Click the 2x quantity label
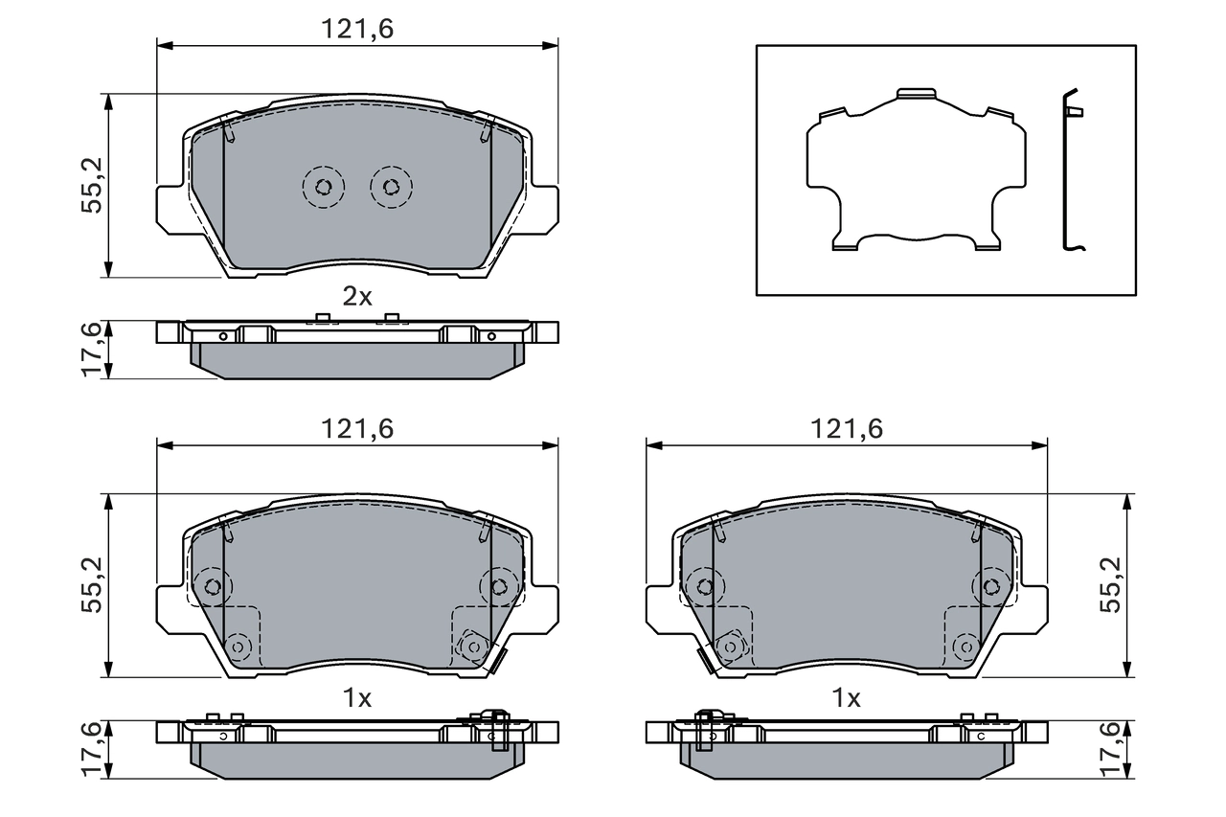357,297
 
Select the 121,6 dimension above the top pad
357,30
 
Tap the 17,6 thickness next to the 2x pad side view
92,350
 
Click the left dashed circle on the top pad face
323,186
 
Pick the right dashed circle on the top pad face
391,186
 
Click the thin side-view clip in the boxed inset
1072,172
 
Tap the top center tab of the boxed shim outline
915,95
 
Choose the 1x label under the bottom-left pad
357,699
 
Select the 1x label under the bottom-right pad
847,699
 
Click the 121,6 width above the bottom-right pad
847,430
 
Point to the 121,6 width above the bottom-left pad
357,430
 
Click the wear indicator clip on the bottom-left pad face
497,661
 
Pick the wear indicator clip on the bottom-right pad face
705,661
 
